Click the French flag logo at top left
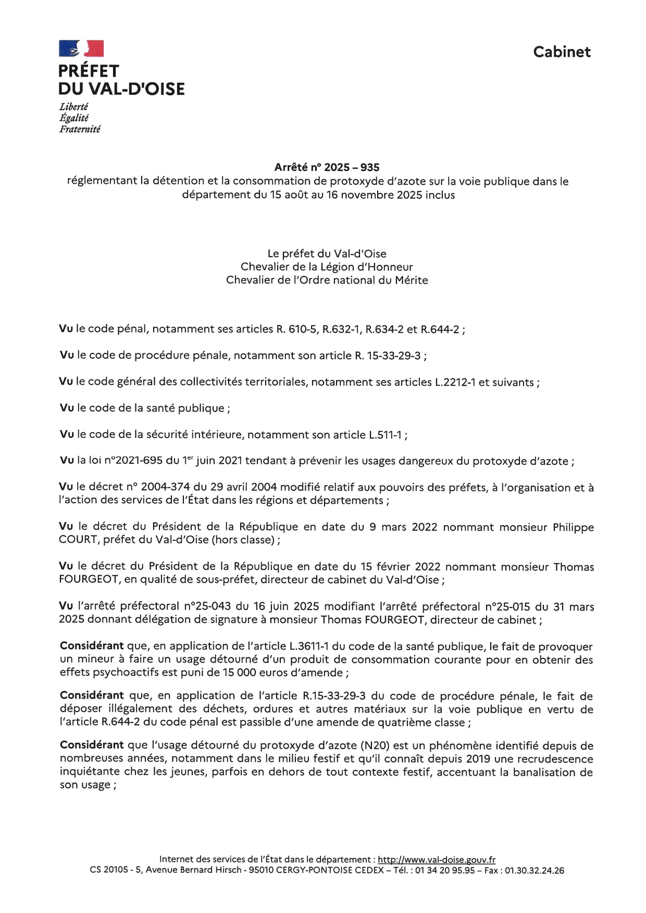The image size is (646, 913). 81,48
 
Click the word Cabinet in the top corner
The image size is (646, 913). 562,52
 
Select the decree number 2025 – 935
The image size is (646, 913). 352,168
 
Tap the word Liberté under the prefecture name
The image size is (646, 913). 73,107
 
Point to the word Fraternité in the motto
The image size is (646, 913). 80,130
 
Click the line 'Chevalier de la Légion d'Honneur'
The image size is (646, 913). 327,267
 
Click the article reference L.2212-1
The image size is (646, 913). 455,383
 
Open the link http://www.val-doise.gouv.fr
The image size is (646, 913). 436,859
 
